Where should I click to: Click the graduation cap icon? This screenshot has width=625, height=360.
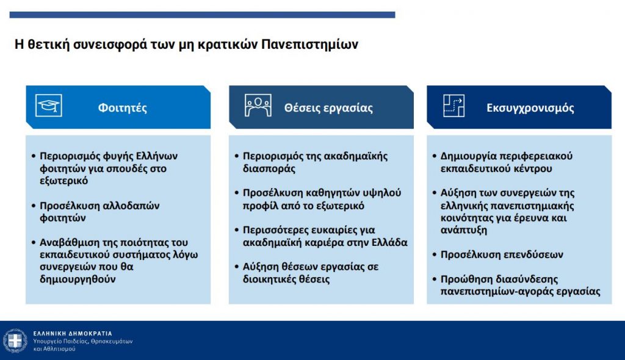coord(49,105)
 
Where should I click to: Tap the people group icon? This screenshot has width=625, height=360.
coord(258,105)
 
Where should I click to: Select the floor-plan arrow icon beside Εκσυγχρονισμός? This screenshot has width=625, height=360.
coord(454,105)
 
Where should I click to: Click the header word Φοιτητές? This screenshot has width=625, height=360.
coord(122,108)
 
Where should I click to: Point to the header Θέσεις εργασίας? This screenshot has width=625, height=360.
coord(328,108)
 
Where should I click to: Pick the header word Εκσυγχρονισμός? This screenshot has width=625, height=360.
coord(530,108)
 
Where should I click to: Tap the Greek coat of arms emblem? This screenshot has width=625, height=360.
coord(15,341)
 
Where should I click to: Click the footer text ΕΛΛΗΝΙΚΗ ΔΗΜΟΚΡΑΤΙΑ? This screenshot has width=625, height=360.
coord(73,333)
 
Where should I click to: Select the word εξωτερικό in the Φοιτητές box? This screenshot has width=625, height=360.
coord(63,181)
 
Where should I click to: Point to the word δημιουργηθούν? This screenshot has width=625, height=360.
coord(78,279)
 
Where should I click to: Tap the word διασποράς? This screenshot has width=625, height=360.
coord(269,168)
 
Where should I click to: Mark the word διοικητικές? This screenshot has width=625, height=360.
coord(269,279)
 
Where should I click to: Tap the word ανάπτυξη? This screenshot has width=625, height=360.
coord(464,230)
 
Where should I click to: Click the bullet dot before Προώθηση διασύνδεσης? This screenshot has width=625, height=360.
coord(435,279)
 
